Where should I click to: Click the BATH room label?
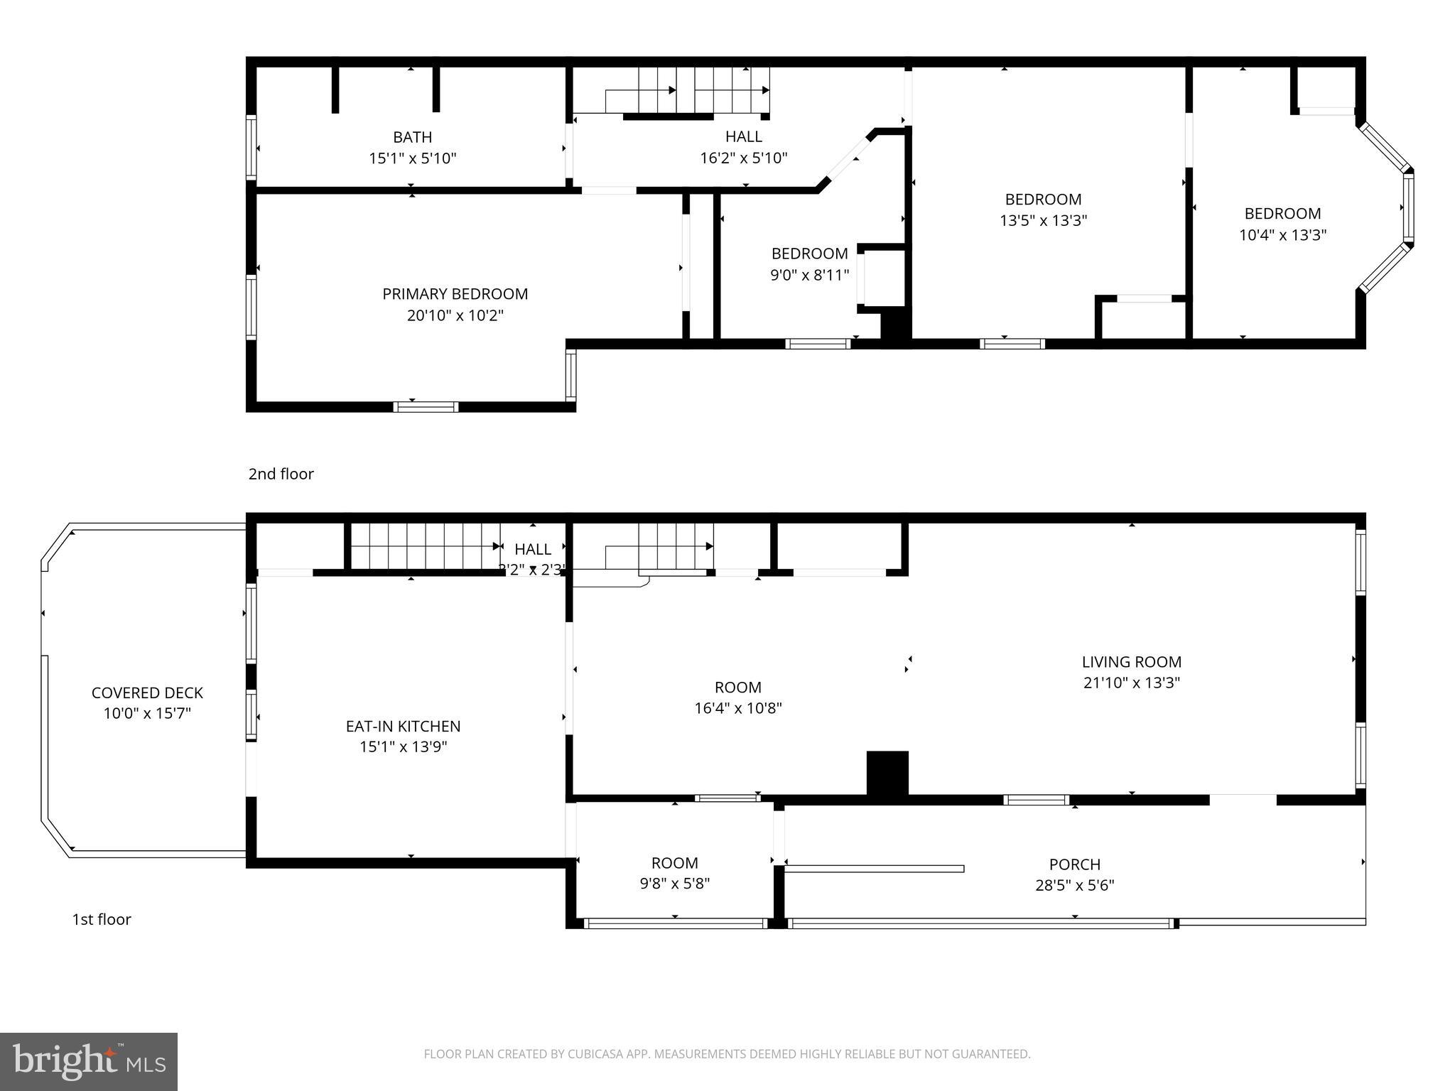[x=412, y=137]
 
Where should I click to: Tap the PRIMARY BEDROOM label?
[x=455, y=294]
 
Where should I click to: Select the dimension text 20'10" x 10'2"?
[x=455, y=315]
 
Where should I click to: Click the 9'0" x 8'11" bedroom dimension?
[x=809, y=275]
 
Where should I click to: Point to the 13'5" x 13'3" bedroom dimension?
[x=1043, y=220]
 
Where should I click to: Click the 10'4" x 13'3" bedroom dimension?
[x=1282, y=235]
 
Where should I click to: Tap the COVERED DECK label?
[x=147, y=693]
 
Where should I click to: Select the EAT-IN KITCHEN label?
[x=403, y=726]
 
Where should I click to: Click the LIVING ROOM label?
[x=1131, y=662]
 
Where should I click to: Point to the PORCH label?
[x=1074, y=864]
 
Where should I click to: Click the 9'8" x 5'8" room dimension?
[x=674, y=884]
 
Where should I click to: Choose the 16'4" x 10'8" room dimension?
[x=737, y=708]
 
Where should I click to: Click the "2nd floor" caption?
[x=281, y=474]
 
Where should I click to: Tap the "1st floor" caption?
[x=102, y=919]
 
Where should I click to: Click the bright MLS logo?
[x=89, y=1061]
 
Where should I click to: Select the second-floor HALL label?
[x=743, y=136]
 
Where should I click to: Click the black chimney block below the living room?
[x=887, y=773]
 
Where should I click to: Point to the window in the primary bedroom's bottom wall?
[x=426, y=407]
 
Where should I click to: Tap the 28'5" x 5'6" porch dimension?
[x=1074, y=886]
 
